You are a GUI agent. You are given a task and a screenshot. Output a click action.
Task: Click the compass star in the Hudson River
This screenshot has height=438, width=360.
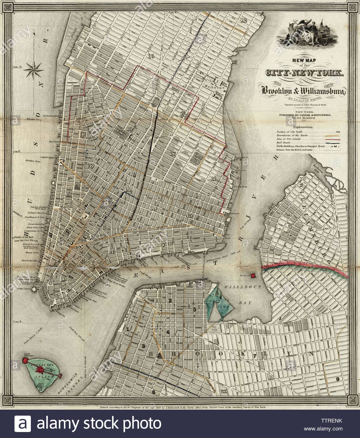pos(34,69)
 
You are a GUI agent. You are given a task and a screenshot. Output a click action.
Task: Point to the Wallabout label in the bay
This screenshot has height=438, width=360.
pos(242,287)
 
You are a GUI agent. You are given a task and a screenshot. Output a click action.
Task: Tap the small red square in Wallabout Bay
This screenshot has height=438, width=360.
pos(253,275)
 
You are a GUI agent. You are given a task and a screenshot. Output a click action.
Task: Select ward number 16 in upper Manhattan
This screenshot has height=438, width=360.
pos(150,56)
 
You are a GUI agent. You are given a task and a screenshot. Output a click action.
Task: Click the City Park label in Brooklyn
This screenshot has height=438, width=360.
pos(215,329)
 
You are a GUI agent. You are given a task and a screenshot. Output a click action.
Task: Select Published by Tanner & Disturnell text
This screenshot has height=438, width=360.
pos(304,115)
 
